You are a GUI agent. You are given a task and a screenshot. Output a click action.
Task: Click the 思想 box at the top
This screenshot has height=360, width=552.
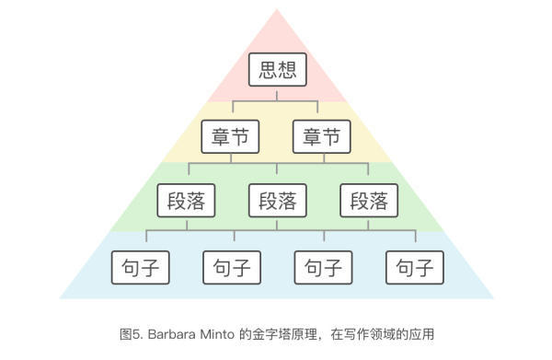click(278, 69)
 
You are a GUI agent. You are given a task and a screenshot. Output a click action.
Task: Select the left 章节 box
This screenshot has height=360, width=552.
click(230, 136)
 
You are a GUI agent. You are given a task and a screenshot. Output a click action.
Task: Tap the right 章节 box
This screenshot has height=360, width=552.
click(322, 136)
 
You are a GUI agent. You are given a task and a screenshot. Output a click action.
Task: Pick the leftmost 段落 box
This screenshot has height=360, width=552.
click(186, 201)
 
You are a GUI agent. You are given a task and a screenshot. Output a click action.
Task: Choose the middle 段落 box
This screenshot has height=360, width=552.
click(278, 201)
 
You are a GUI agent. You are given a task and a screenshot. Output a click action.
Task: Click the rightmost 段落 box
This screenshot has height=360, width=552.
click(369, 201)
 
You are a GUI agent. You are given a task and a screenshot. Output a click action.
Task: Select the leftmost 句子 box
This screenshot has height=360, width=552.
click(141, 268)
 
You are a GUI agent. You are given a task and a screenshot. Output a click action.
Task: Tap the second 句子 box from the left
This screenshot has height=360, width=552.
click(232, 268)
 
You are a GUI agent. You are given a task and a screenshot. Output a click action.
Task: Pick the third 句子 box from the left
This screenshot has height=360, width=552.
click(324, 268)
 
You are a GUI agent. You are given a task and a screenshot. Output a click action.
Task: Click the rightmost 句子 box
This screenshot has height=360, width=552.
click(415, 268)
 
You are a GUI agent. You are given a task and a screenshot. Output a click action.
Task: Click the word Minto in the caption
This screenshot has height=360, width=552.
click(217, 334)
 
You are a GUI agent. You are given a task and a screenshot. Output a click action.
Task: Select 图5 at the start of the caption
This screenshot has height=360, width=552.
click(130, 334)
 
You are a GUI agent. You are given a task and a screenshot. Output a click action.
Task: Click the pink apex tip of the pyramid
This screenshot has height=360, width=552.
click(277, 9)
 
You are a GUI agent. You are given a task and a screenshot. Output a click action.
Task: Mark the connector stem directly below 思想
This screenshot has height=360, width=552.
click(277, 96)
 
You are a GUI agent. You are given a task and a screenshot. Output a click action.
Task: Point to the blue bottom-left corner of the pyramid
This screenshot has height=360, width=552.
click(60, 298)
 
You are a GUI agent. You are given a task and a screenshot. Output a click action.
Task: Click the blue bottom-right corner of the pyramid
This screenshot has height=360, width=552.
click(493, 298)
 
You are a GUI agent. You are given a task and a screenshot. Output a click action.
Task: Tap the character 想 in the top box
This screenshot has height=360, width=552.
click(287, 69)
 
